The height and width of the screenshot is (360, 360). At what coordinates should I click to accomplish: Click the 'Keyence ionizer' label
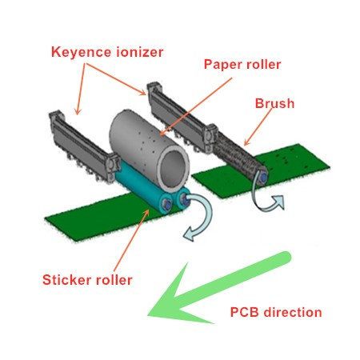(107, 52)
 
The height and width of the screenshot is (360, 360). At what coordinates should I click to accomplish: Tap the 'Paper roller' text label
(242, 64)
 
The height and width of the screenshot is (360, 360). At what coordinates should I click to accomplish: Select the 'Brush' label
(274, 103)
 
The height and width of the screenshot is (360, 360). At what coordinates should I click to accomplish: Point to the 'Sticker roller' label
(87, 280)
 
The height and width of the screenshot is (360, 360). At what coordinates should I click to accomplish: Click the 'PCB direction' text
(276, 312)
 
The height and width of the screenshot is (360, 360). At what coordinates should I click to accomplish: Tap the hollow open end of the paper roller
(174, 168)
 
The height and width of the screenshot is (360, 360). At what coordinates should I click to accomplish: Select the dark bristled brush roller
(240, 157)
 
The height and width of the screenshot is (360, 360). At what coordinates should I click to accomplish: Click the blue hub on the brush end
(262, 177)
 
